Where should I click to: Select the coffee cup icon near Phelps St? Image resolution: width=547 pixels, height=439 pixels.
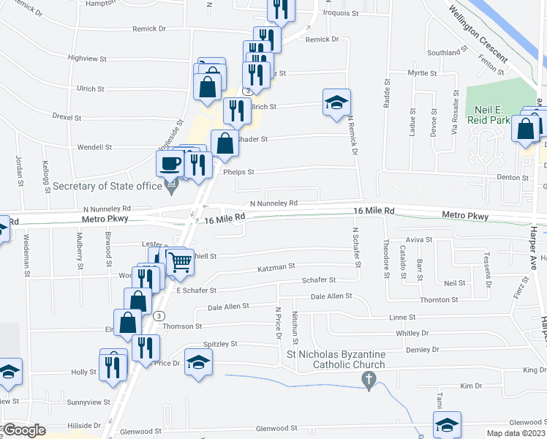pyautogui.click(x=170, y=163)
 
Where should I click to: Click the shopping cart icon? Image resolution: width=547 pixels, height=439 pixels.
pyautogui.click(x=179, y=266)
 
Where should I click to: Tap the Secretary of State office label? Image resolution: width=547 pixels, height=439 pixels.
pyautogui.click(x=107, y=186)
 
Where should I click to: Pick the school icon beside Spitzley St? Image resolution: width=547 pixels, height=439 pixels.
pyautogui.click(x=198, y=362)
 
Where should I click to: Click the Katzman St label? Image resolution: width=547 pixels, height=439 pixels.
pyautogui.click(x=276, y=269)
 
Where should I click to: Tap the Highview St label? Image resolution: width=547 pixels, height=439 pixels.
pyautogui.click(x=87, y=58)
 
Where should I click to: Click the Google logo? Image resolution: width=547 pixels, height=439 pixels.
pyautogui.click(x=24, y=430)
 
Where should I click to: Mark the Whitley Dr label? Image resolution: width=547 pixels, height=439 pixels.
pyautogui.click(x=411, y=333)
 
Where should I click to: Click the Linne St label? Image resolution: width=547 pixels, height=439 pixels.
pyautogui.click(x=402, y=318)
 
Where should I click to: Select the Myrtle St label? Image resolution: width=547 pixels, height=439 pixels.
pyautogui.click(x=422, y=73)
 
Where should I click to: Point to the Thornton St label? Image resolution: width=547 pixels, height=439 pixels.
pyautogui.click(x=439, y=300)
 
